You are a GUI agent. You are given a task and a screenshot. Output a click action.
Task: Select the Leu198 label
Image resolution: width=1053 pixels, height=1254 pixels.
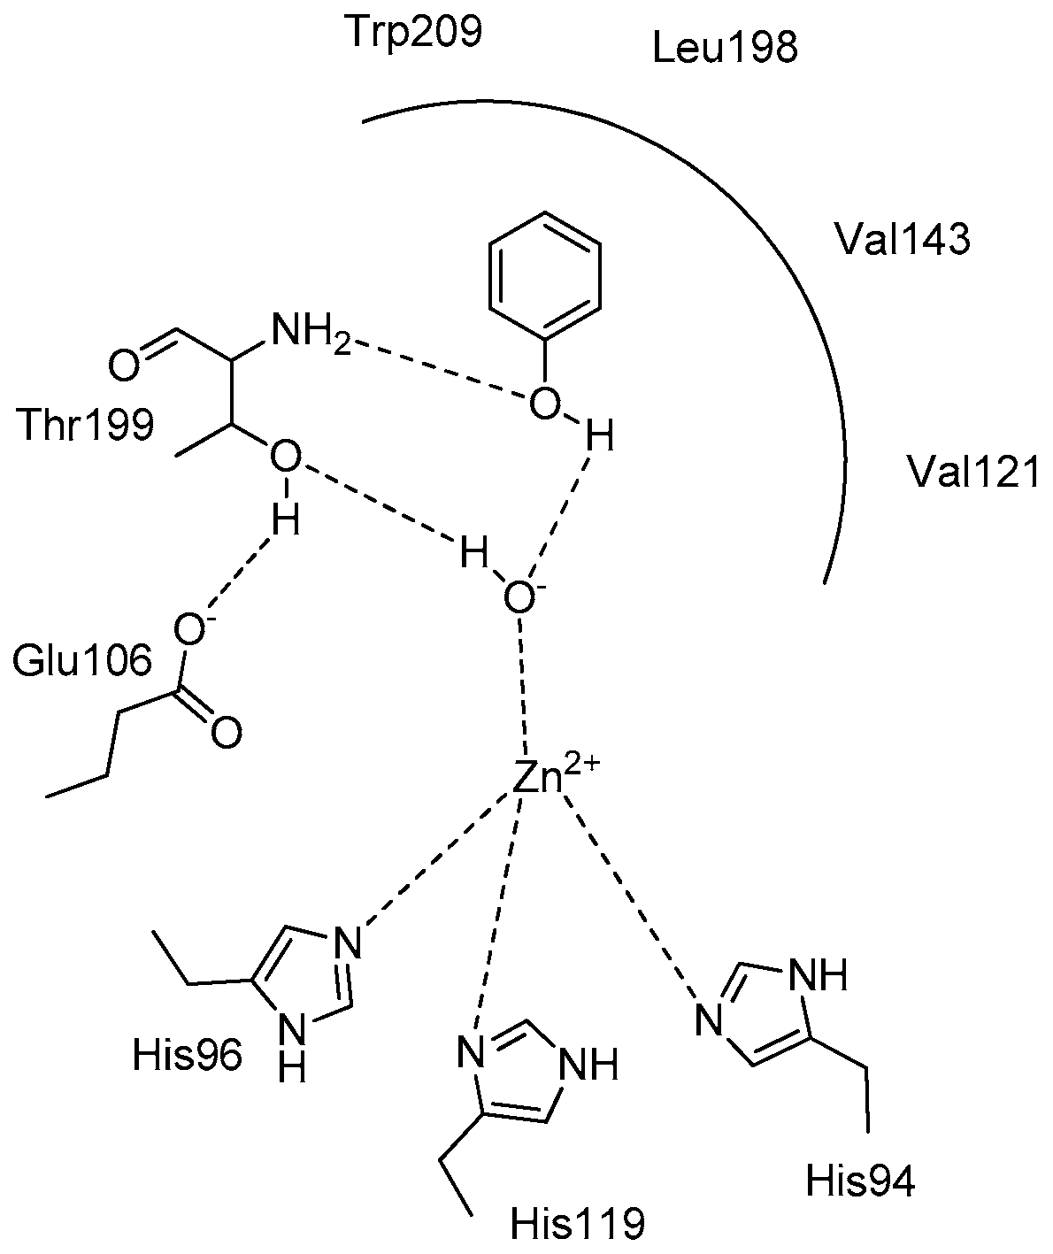pos(725,49)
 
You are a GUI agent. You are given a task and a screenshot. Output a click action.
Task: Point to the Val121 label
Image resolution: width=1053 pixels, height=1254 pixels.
pos(974,473)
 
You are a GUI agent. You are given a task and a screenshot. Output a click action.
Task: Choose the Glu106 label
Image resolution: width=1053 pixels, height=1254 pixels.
pos(81,661)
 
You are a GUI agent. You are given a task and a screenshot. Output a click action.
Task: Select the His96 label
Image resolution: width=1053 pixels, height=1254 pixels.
pos(187,1055)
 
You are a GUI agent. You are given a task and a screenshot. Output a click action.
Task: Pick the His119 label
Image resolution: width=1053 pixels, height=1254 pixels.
pos(578,1225)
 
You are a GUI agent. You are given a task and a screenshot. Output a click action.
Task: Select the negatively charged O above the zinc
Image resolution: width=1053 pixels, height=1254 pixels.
pos(519,598)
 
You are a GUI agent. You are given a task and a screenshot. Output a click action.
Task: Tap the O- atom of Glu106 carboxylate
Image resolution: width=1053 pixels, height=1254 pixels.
pos(187,628)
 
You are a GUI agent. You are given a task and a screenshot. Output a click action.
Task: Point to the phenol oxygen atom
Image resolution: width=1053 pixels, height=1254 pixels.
pos(544,405)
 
